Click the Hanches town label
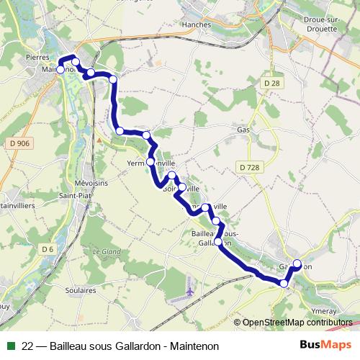197,24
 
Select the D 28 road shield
271,84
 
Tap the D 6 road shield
47,249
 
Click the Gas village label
243,130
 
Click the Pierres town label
37,56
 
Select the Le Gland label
107,251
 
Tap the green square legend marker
11,346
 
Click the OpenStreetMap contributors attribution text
297,323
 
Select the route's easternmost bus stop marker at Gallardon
297,264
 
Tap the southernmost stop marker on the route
284,284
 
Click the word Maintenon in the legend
192,346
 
